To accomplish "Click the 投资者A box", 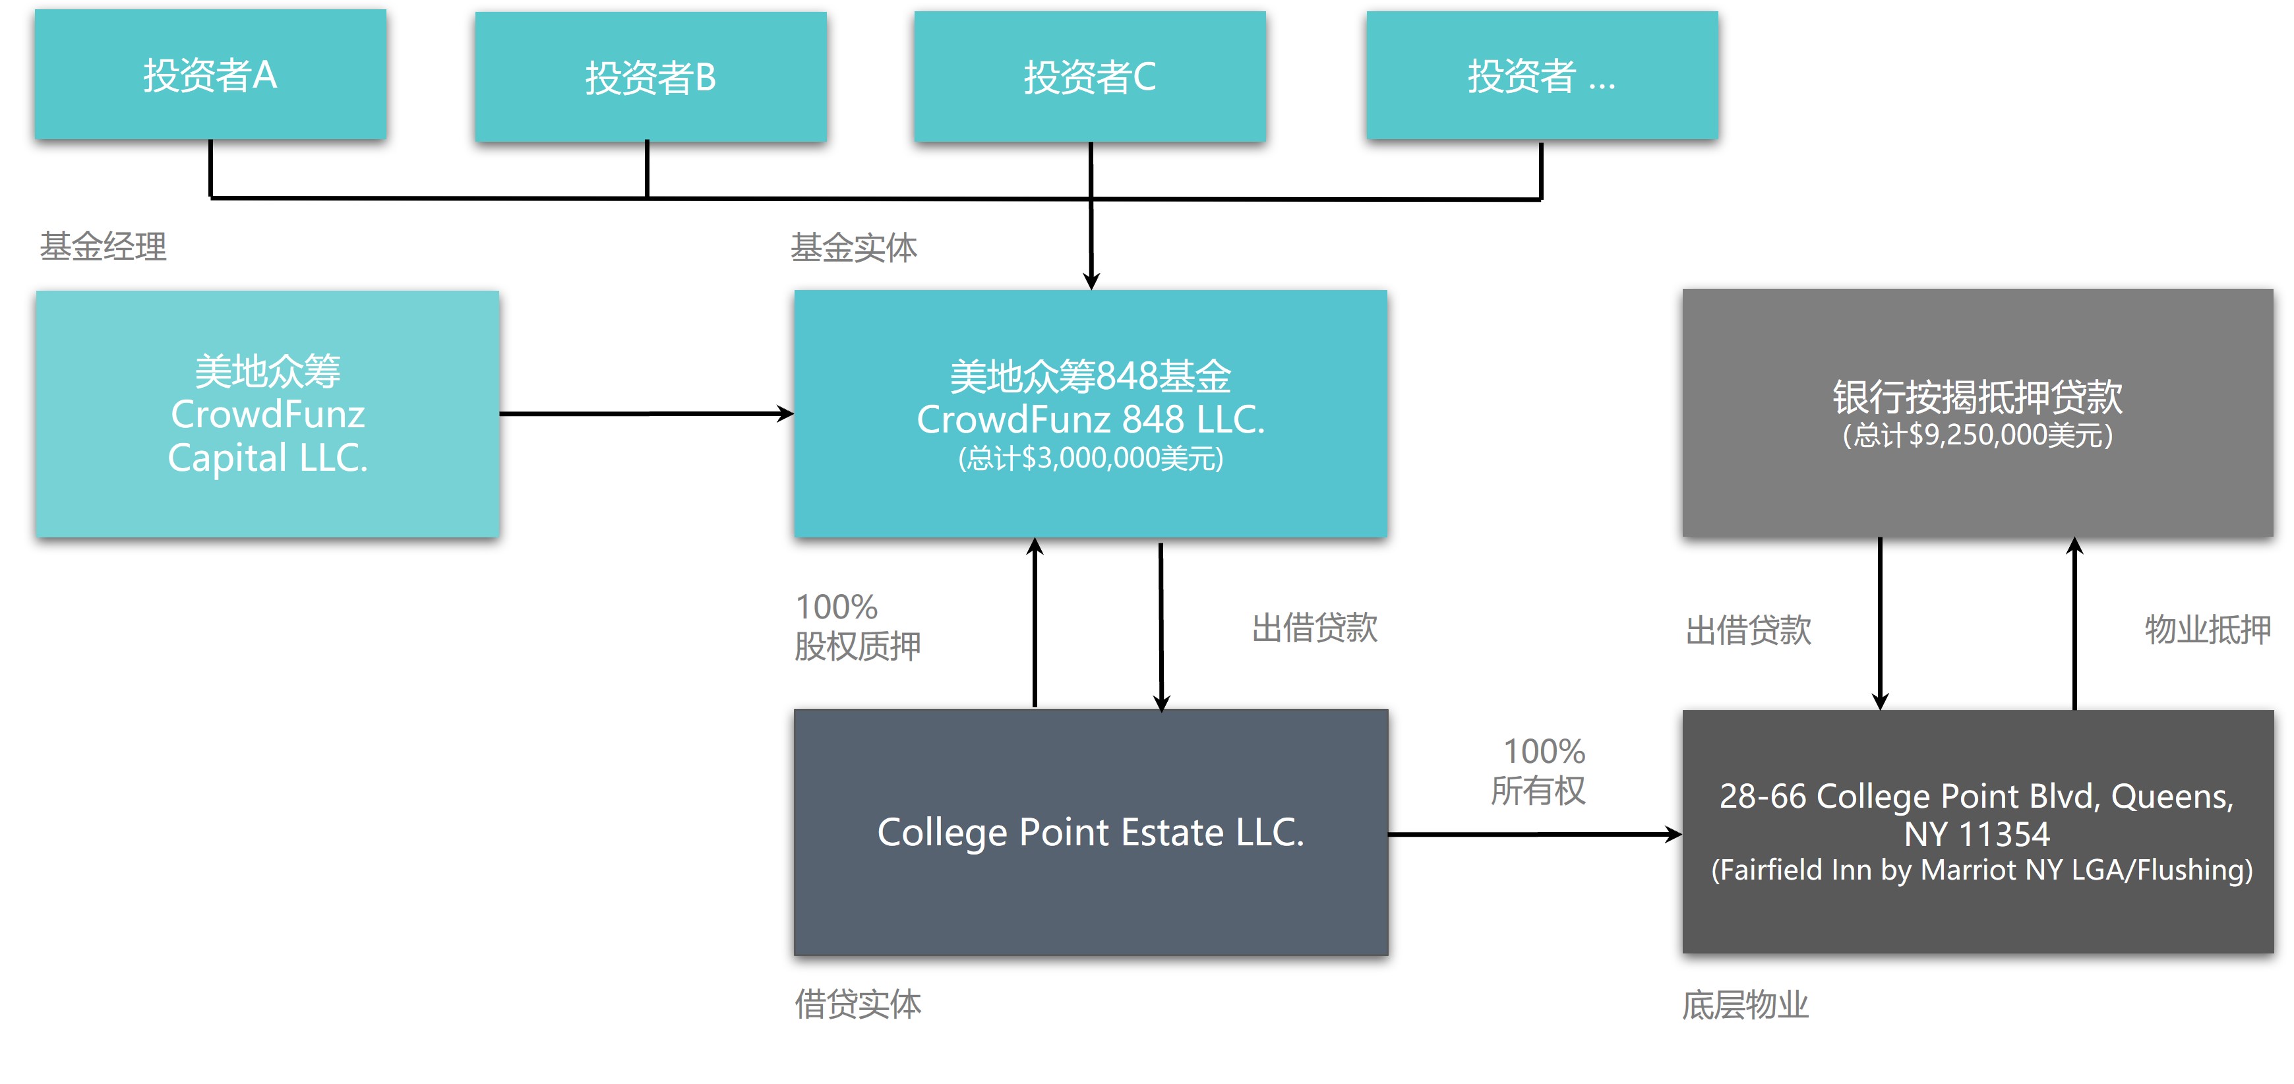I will [x=210, y=75].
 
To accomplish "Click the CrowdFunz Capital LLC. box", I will [x=267, y=414].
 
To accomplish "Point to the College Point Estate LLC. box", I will [x=1090, y=832].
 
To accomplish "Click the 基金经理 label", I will [x=104, y=247].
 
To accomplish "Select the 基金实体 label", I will [x=853, y=248].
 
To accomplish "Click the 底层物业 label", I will [x=1745, y=1005].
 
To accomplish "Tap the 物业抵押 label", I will [x=2207, y=629].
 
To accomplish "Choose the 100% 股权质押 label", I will [x=857, y=627].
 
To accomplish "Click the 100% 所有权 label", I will [x=1540, y=770].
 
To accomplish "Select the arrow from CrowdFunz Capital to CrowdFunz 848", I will [x=646, y=414].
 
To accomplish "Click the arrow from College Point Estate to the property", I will [x=1534, y=835].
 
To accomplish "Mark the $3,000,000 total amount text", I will [x=1090, y=459].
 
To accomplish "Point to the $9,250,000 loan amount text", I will [x=1977, y=436].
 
